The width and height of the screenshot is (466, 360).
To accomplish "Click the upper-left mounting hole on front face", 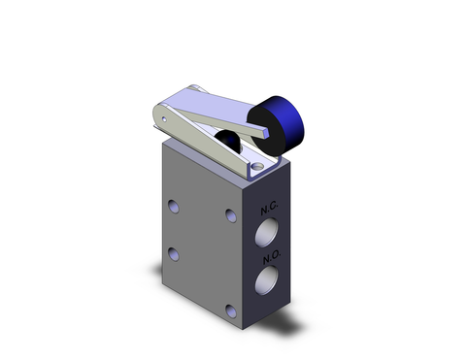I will point(174,207).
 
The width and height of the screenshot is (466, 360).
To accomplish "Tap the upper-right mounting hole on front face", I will point(231,215).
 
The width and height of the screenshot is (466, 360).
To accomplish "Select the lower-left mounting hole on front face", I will point(174,254).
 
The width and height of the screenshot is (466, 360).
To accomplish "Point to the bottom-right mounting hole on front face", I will point(231,311).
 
